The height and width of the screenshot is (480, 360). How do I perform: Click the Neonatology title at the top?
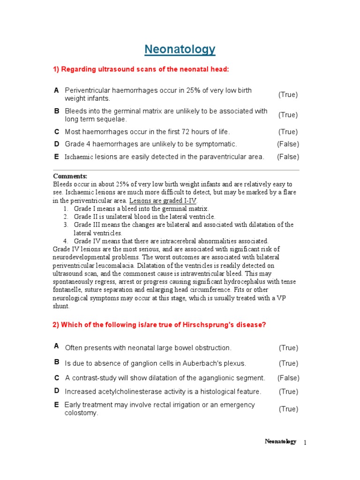pos(180,49)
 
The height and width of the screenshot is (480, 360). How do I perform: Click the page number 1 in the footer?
pos(305,442)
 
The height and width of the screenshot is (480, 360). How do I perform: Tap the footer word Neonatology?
pos(280,442)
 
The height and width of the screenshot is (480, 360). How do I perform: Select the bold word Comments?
pos(70,176)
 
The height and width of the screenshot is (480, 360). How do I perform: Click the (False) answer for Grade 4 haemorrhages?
pos(288,144)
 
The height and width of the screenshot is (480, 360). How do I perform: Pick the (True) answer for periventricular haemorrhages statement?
pos(288,94)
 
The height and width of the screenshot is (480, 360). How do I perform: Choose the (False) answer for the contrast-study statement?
pos(288,378)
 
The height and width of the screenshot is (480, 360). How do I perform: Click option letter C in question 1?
pos(57,132)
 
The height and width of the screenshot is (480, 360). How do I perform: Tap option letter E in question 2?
pos(57,405)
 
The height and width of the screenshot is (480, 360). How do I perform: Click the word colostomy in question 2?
pos(81,413)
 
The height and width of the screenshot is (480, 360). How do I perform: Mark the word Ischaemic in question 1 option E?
pos(79,157)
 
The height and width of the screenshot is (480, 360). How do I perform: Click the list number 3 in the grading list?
pos(66,225)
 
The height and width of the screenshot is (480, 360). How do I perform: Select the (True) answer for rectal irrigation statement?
pos(288,409)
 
